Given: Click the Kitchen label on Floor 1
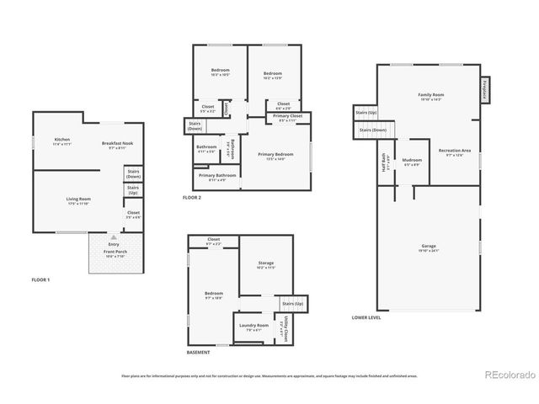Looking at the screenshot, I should click(x=61, y=141).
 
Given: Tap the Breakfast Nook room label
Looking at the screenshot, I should click(x=117, y=144).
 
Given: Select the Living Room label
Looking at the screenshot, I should click(x=78, y=199).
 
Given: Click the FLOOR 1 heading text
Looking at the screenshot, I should click(x=40, y=279).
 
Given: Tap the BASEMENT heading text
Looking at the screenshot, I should click(x=199, y=353).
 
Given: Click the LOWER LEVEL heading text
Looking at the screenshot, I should click(x=366, y=317).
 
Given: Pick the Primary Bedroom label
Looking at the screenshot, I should click(x=275, y=155).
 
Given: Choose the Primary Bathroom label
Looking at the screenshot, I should click(x=216, y=176).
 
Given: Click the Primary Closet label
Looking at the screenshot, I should click(x=289, y=117).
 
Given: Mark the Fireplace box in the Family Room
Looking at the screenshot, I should click(x=485, y=90).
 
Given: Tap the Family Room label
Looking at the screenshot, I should click(x=430, y=95).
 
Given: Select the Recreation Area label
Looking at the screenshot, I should click(x=455, y=151).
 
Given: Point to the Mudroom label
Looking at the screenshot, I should click(x=412, y=160).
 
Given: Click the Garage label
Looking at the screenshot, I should click(x=429, y=247).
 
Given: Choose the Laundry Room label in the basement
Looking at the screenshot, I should click(x=253, y=326).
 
